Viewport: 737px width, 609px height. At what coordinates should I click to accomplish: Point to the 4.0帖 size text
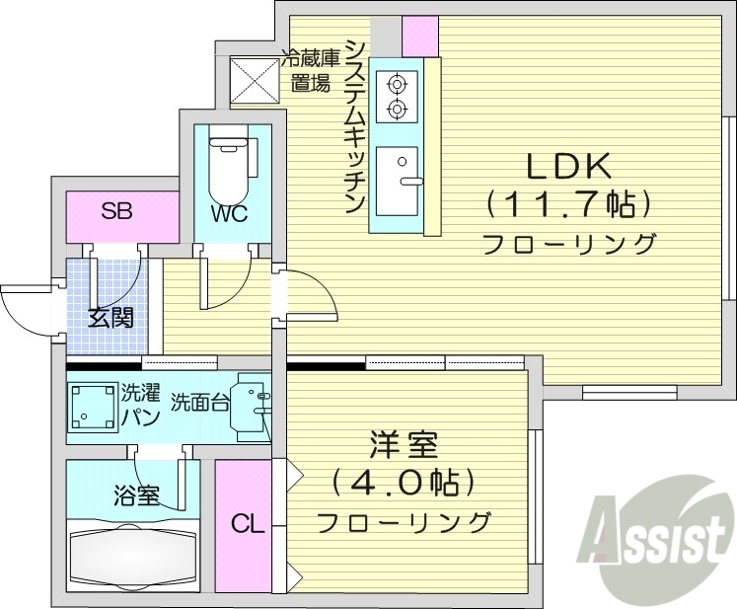point(404,483)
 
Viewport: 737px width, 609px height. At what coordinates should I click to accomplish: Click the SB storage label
point(117,210)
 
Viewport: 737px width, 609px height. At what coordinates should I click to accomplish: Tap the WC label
point(227,213)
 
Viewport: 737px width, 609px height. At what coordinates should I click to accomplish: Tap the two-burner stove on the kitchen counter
point(399,95)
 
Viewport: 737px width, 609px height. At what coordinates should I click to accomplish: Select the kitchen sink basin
point(399,182)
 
